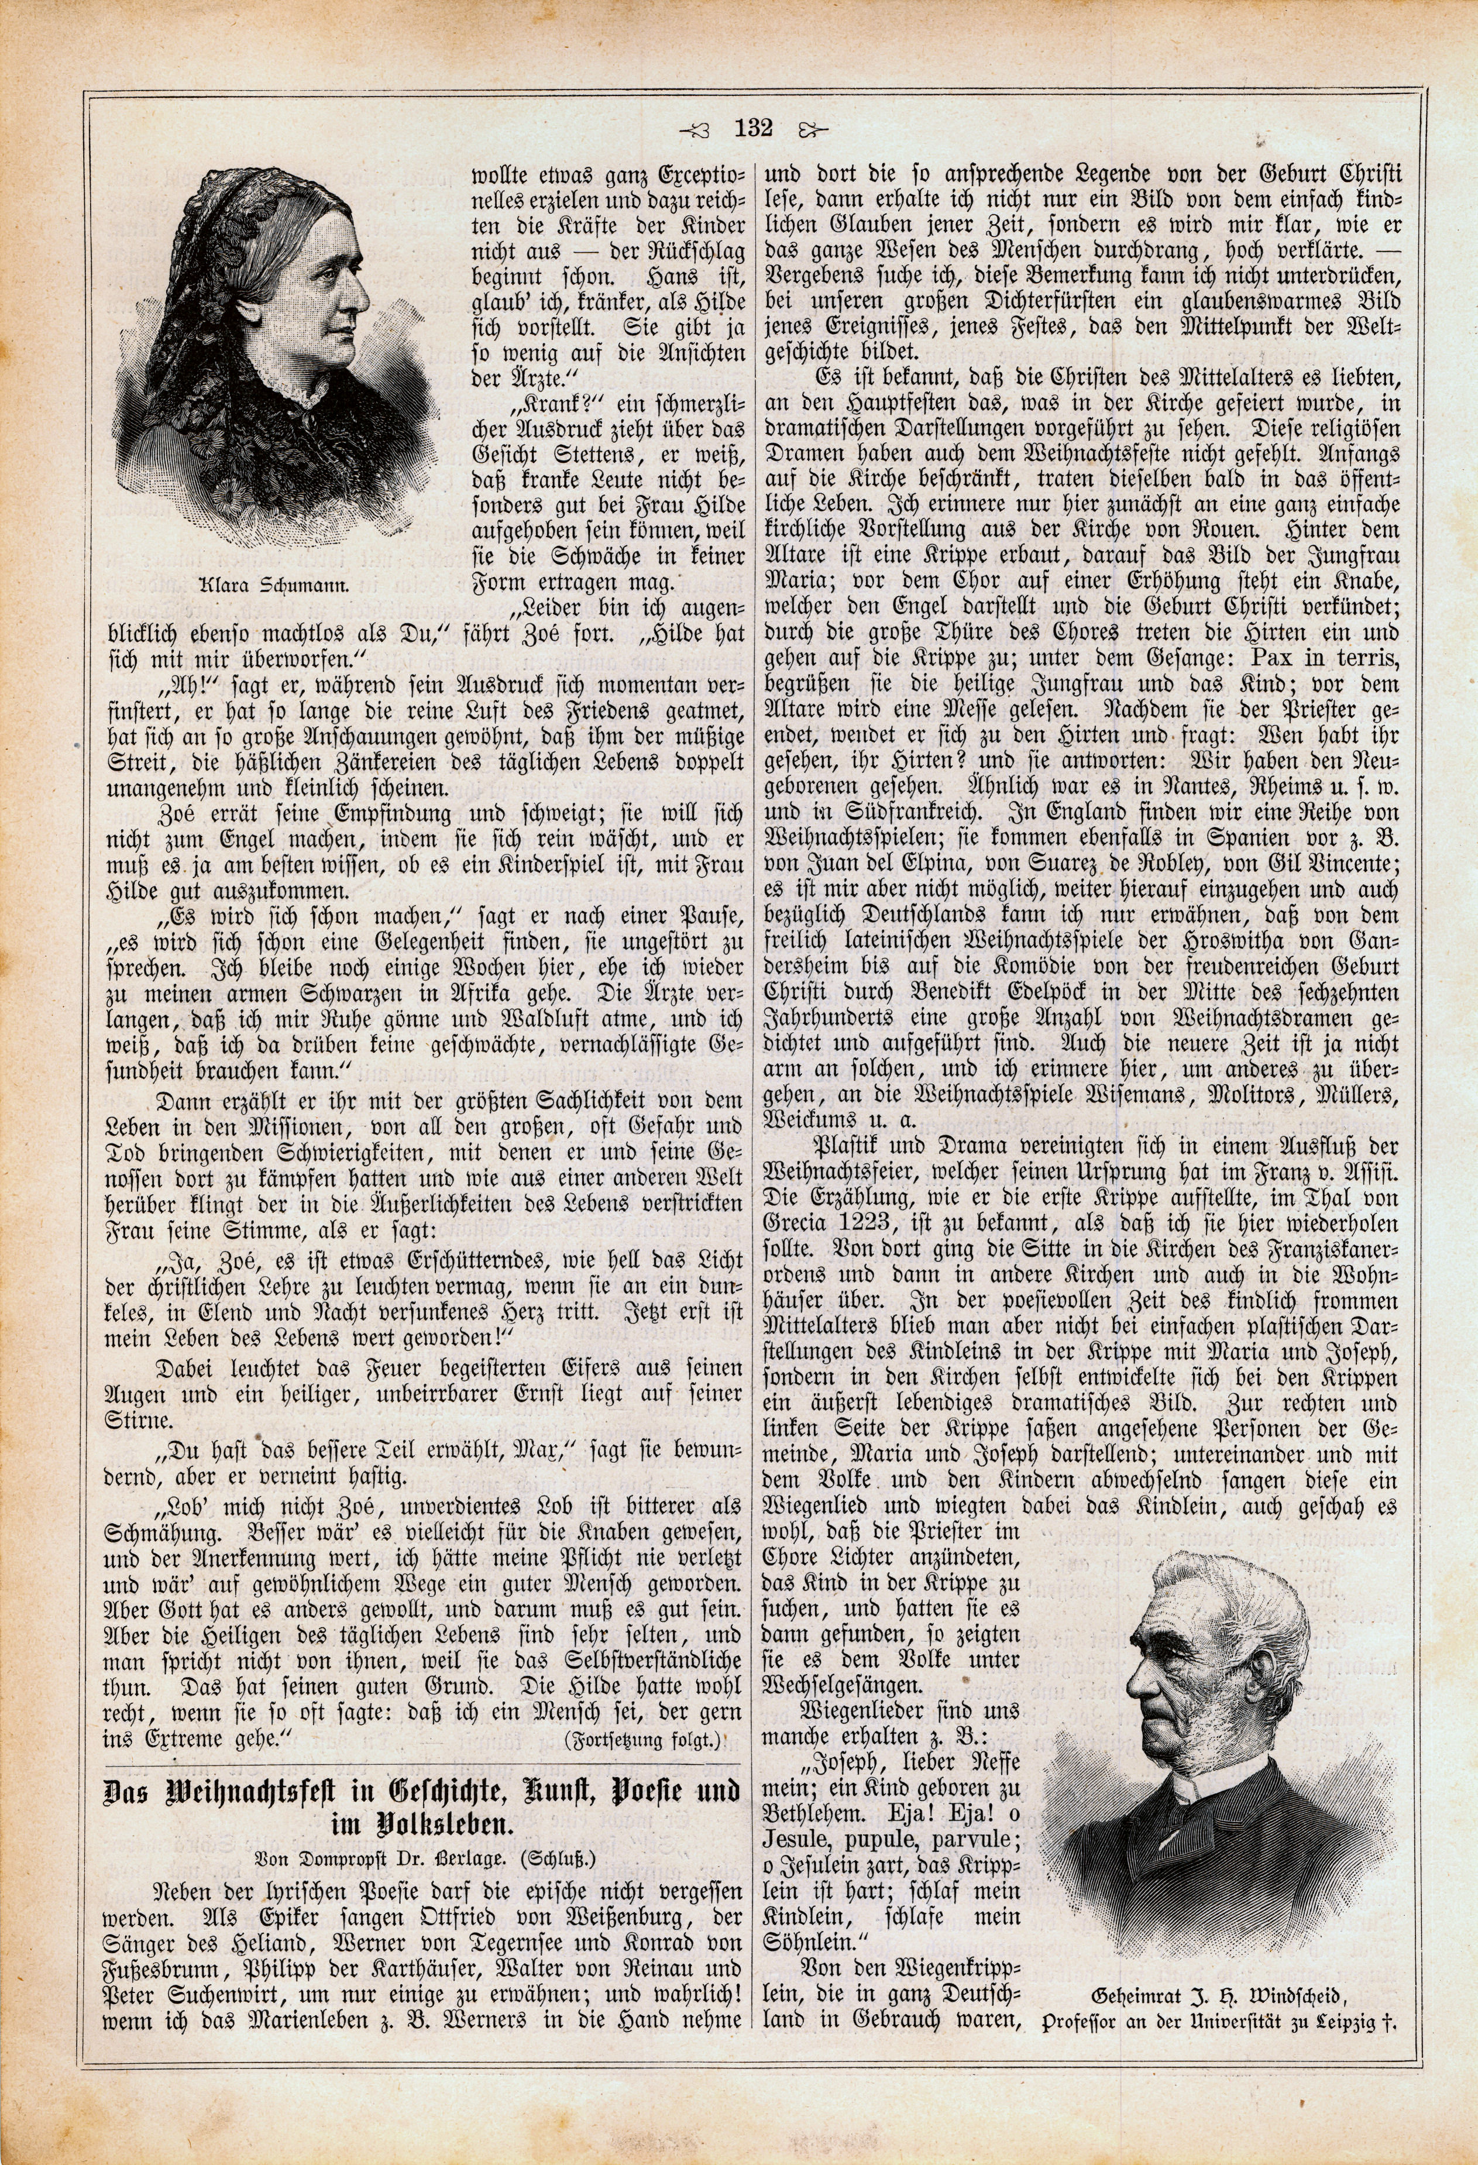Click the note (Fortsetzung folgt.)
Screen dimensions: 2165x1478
pyautogui.click(x=642, y=1739)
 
